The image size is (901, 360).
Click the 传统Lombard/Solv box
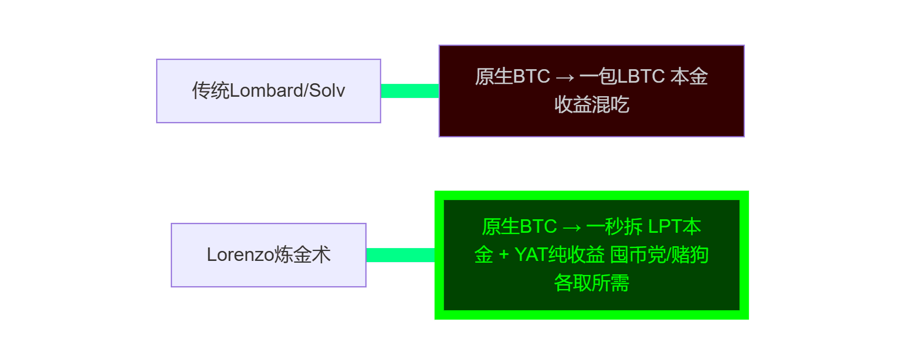(x=268, y=91)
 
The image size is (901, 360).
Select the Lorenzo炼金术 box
(x=268, y=255)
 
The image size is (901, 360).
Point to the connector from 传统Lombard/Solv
(x=409, y=91)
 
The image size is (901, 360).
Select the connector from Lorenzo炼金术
(x=400, y=255)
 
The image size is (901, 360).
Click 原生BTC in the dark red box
(x=512, y=77)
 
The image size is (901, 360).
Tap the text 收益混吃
(x=591, y=105)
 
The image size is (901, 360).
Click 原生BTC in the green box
(x=519, y=226)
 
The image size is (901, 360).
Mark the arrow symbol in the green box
(x=571, y=226)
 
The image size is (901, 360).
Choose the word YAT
(x=530, y=255)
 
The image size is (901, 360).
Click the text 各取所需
(x=591, y=283)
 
